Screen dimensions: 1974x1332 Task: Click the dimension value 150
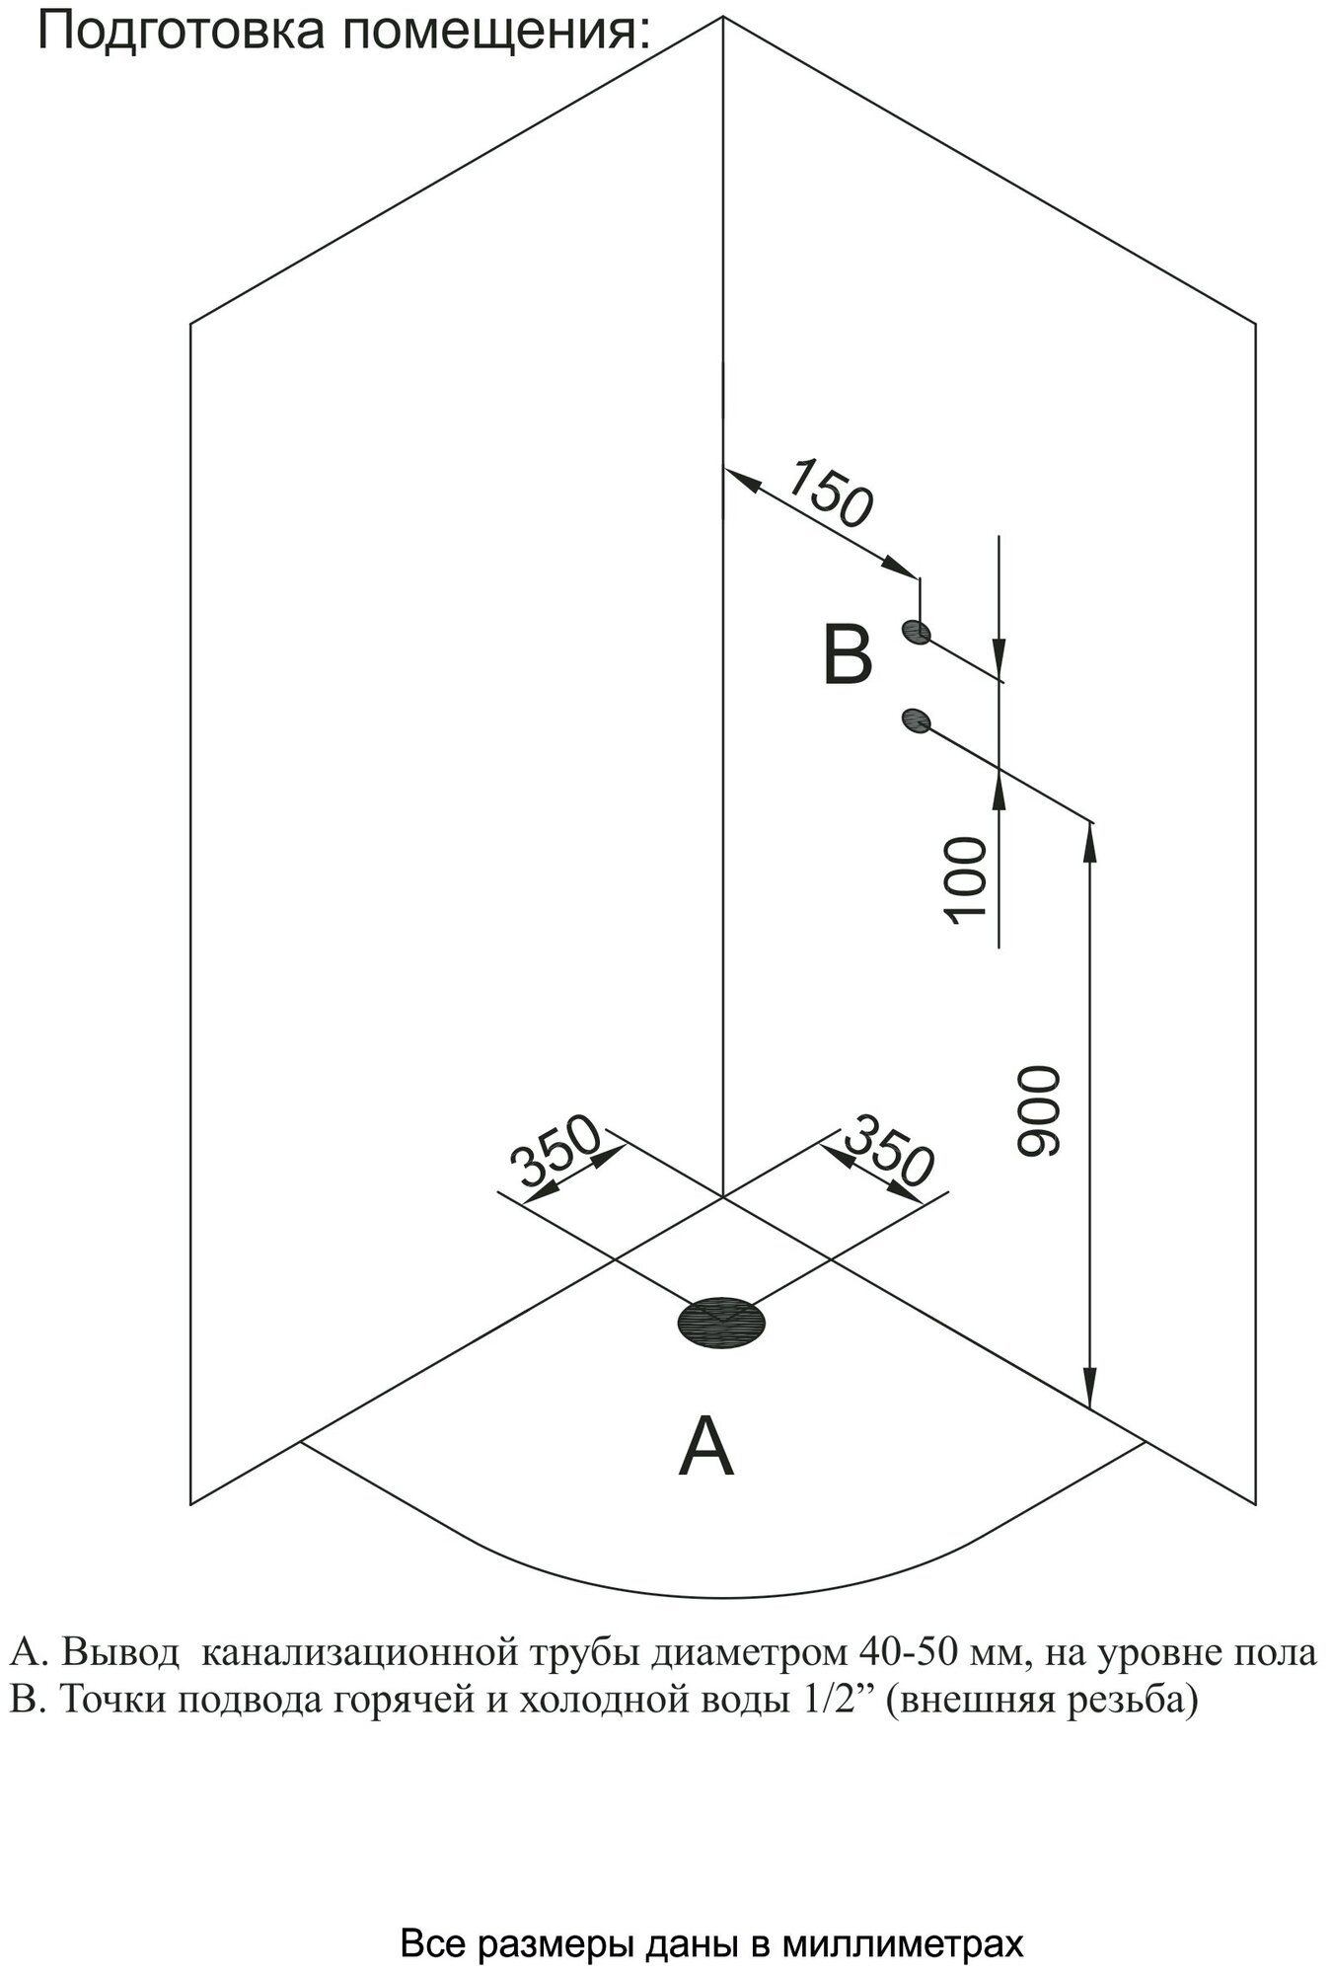pyautogui.click(x=831, y=492)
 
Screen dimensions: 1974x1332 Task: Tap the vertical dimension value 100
pyautogui.click(x=966, y=880)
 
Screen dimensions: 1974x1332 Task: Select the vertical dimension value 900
pyautogui.click(x=1037, y=1110)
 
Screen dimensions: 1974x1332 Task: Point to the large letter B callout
pyautogui.click(x=847, y=656)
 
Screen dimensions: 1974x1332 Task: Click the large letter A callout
pyautogui.click(x=706, y=1446)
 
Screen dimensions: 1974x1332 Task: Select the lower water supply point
pyautogui.click(x=916, y=721)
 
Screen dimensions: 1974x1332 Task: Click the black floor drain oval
pyautogui.click(x=721, y=1322)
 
